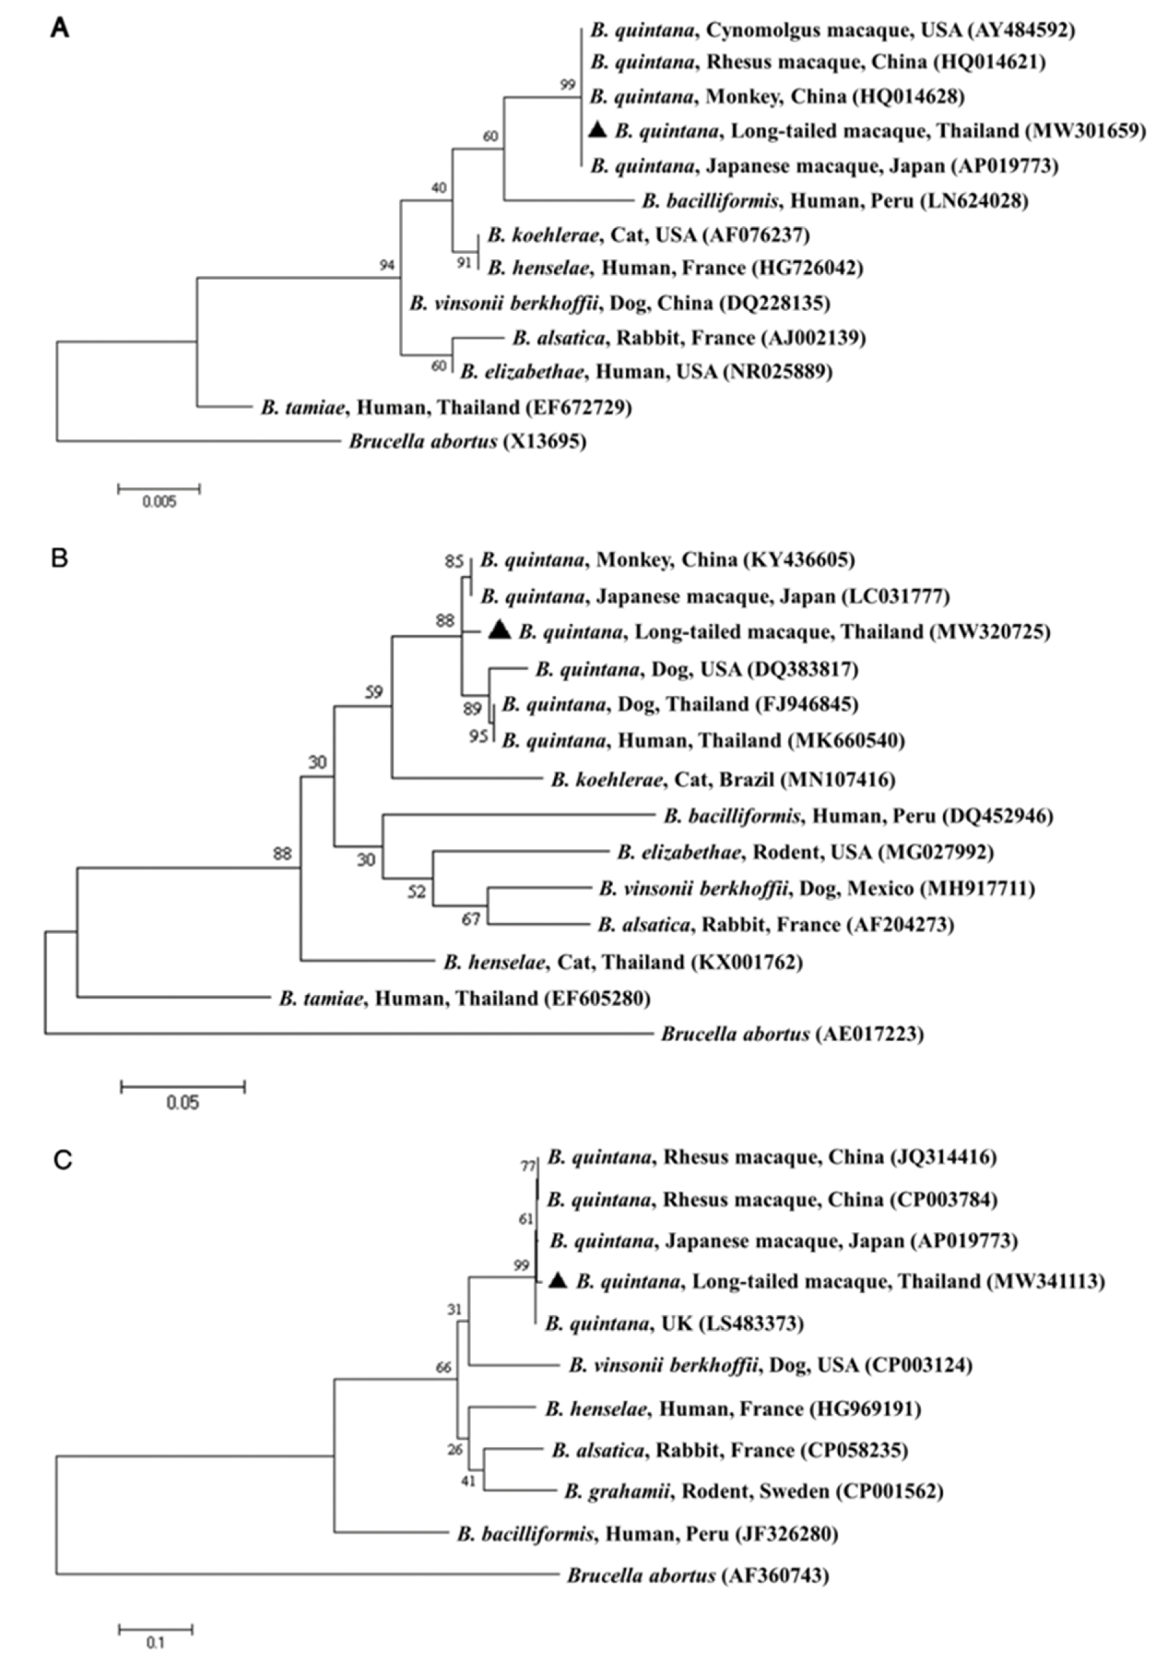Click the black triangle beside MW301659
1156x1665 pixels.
click(x=597, y=130)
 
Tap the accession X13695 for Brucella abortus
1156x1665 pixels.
click(x=545, y=441)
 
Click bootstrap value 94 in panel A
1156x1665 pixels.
click(x=387, y=265)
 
